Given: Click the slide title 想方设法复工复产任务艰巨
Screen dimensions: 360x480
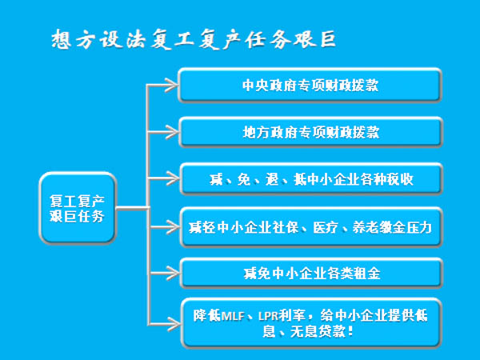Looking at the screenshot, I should pos(188,39).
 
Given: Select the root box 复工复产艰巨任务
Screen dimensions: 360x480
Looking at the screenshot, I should pos(78,209).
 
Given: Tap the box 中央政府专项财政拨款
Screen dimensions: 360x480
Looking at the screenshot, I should pos(310,85).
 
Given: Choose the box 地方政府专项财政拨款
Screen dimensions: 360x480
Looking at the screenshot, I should pos(310,131).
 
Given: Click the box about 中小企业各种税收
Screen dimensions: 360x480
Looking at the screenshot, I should pos(310,178).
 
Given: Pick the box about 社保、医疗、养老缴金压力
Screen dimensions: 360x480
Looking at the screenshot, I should pos(310,226).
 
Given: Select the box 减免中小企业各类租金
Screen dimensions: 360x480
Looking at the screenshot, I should pos(310,273).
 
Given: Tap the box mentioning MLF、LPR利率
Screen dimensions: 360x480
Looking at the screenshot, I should pos(310,322).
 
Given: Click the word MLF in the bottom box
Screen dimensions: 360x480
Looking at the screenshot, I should pos(230,314).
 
